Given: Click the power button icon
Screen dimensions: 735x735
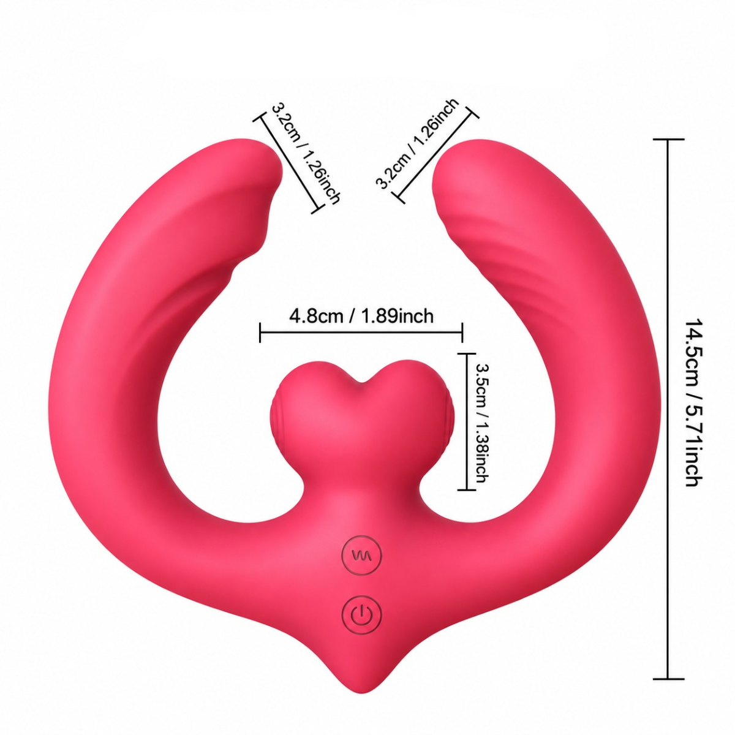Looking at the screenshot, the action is tap(361, 616).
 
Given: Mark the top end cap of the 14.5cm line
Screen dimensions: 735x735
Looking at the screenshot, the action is tap(668, 140).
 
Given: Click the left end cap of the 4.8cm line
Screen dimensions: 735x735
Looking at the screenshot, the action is tap(260, 333).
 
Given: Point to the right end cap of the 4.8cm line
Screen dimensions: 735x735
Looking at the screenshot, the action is tap(462, 333).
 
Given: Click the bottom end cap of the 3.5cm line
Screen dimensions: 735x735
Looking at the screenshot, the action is tap(467, 490).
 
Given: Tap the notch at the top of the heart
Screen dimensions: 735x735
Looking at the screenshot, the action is tap(361, 382).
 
